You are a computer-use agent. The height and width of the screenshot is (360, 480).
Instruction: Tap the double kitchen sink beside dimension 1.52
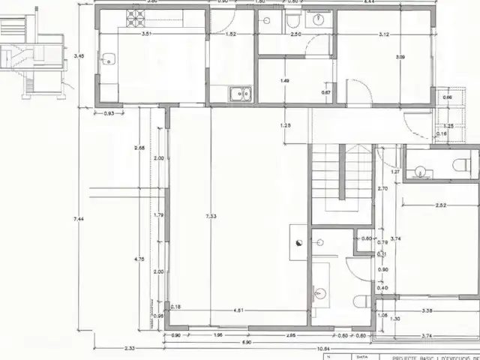click(240, 94)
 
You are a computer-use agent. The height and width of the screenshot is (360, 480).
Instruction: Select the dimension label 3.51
click(147, 34)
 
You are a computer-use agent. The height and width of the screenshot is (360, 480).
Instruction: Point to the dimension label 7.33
click(211, 216)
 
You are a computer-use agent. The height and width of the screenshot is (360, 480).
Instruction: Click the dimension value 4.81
click(238, 309)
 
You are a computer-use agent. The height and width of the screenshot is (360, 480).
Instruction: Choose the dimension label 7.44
click(79, 218)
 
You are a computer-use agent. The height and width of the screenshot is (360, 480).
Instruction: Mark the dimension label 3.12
click(383, 34)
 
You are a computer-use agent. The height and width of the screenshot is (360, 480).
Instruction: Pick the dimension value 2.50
click(295, 34)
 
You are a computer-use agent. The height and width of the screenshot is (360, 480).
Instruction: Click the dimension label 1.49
click(285, 80)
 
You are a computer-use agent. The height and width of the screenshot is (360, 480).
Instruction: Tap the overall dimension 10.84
click(322, 348)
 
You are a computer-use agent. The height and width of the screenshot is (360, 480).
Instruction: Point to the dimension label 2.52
click(440, 205)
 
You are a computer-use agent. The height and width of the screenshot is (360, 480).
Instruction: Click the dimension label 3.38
click(427, 310)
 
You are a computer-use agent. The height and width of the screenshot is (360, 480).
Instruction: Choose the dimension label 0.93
click(109, 113)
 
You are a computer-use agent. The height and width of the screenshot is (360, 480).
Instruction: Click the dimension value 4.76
click(139, 259)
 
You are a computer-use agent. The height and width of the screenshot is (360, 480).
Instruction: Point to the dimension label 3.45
click(79, 55)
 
